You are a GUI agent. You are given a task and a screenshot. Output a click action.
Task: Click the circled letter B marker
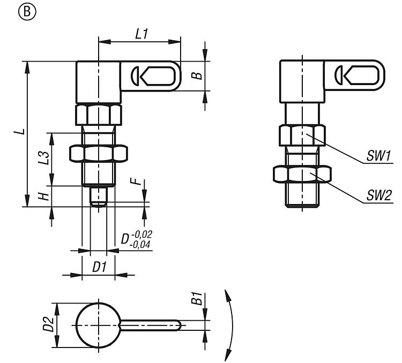tap(11, 10)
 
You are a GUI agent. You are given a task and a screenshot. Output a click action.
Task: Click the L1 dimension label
tap(141, 34)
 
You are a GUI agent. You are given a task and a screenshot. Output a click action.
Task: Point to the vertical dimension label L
tap(19, 131)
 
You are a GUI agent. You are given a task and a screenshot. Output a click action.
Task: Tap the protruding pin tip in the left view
tap(98, 196)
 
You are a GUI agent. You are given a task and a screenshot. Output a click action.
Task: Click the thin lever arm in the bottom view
tap(153, 325)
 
